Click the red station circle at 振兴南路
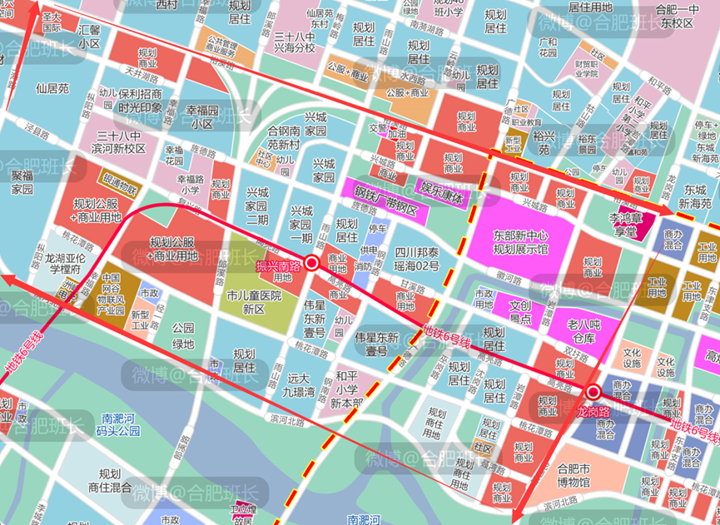point(312,263)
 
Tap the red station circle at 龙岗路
point(593,392)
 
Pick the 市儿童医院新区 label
point(255,302)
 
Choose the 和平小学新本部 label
point(346,389)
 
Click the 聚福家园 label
point(27,182)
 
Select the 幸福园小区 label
point(201,116)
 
